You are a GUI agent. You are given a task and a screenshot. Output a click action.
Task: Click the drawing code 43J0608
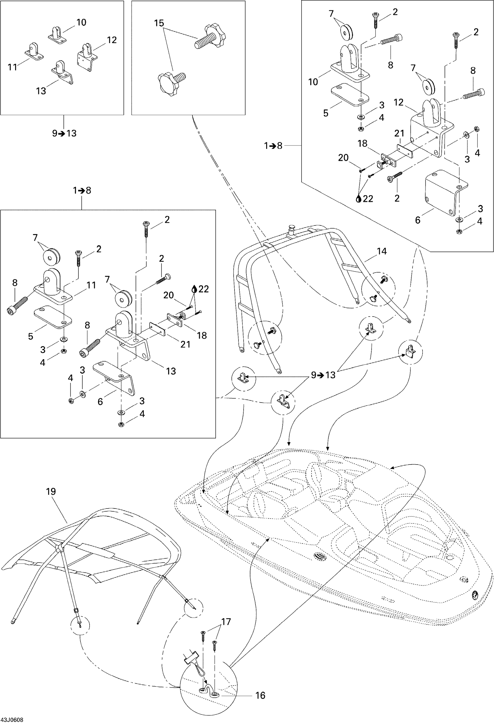pos(12,720)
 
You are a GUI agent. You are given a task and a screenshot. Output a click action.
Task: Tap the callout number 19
pos(51,492)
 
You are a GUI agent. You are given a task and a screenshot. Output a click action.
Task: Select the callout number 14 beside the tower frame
pos(382,251)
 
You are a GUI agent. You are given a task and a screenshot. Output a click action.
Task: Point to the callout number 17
pos(226,622)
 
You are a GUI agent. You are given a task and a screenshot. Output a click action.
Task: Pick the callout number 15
pos(159,23)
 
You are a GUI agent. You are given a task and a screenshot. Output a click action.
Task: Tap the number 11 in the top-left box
pos(12,67)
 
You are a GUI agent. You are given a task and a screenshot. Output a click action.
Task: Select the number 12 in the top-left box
pos(111,40)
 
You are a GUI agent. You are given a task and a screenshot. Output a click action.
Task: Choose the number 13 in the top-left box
pos(41,91)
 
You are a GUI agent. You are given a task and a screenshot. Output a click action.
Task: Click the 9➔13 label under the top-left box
pos(64,133)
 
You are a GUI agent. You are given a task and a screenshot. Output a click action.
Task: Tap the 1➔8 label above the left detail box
pos(82,190)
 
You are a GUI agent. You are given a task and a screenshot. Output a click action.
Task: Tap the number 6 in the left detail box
pos(100,402)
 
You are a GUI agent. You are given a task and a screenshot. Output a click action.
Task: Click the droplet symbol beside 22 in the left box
pos(194,289)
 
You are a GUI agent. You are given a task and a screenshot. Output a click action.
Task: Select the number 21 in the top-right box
pos(399,133)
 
